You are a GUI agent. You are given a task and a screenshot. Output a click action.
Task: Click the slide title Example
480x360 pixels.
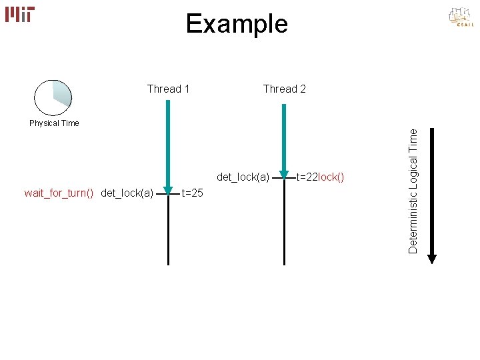click(237, 24)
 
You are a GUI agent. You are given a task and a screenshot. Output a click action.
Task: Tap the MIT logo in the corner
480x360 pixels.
click(20, 14)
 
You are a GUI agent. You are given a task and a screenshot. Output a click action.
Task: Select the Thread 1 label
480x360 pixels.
click(168, 89)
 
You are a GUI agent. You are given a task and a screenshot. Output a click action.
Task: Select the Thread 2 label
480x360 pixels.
click(285, 89)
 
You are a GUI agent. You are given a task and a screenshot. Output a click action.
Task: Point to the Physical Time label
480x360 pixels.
click(54, 123)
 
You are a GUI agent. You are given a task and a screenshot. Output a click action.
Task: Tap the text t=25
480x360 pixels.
click(193, 193)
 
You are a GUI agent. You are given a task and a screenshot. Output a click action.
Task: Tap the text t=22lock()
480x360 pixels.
click(320, 177)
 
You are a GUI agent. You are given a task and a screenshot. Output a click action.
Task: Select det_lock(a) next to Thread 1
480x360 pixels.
click(127, 193)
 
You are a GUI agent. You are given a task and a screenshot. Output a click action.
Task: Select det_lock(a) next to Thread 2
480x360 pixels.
click(243, 177)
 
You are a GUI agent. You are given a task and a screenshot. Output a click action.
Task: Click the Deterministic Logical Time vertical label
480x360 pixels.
click(413, 191)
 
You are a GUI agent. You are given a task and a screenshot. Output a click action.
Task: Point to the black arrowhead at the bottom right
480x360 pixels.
click(431, 258)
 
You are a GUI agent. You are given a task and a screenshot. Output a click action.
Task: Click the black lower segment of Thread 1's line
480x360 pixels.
click(169, 233)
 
